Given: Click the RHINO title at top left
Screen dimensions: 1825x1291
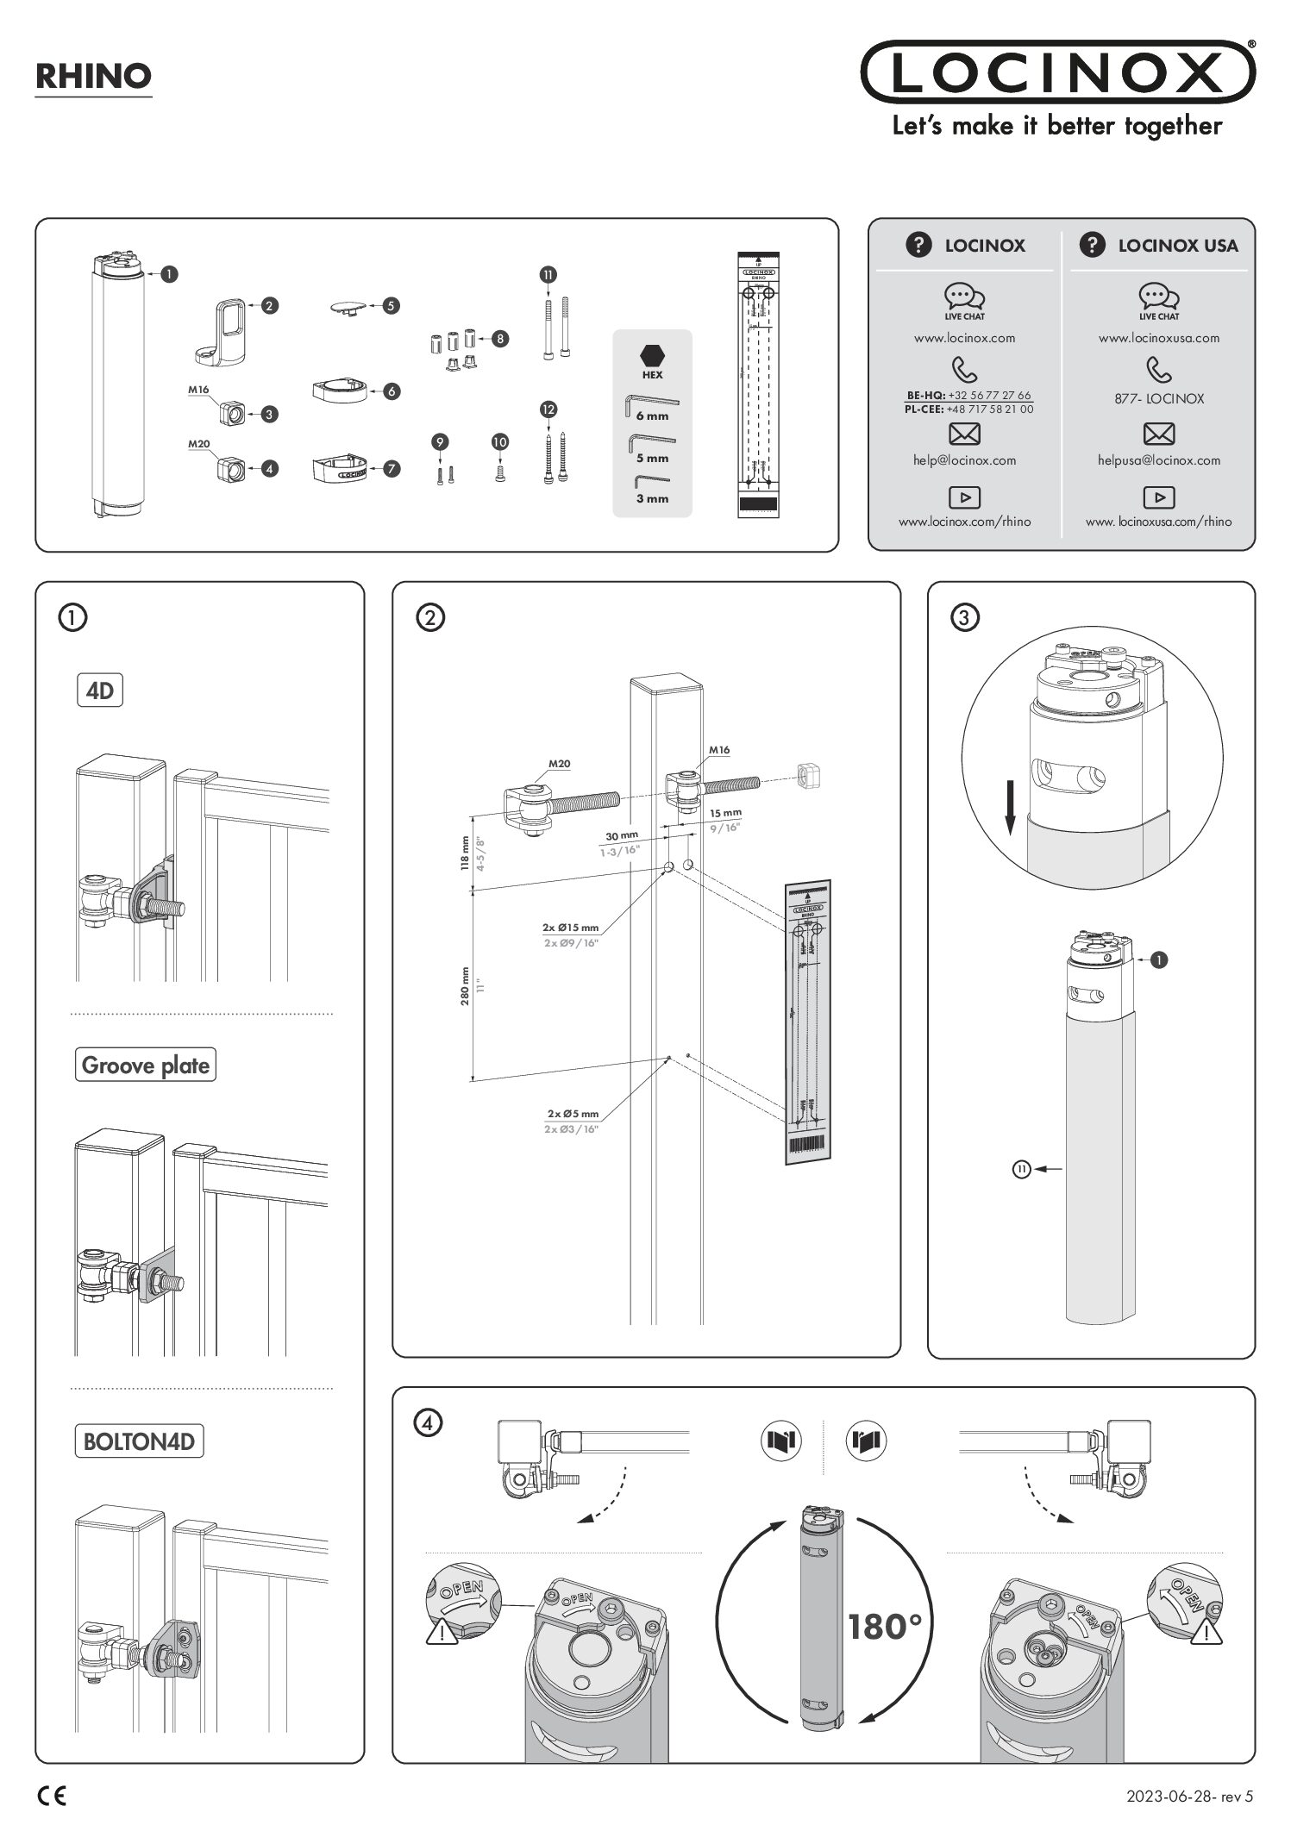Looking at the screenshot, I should point(93,77).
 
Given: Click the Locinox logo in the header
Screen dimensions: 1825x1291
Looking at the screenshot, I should point(1057,72).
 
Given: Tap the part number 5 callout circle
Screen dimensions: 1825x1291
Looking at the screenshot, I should point(392,305).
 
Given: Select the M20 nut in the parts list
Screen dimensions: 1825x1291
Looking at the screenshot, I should point(230,469).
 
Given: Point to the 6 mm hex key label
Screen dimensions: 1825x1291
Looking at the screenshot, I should point(652,416).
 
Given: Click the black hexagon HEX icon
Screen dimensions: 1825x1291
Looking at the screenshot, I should point(652,355).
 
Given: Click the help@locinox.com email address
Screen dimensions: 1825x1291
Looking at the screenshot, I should point(964,460).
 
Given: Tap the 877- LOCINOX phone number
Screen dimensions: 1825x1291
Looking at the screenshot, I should point(1158,399).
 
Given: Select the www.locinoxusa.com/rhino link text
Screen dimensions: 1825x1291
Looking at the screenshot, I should point(1158,522).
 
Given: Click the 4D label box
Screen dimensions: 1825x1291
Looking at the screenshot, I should point(100,691).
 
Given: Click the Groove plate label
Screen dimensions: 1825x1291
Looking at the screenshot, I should point(145,1066).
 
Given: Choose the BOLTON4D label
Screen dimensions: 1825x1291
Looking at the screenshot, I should point(138,1441).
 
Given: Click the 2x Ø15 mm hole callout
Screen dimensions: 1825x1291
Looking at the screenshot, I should point(570,928).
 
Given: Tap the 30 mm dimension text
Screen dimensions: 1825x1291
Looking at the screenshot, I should point(621,836).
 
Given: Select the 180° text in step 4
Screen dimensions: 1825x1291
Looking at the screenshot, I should point(885,1628).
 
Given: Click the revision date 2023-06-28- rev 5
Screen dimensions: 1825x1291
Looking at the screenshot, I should point(1188,1797).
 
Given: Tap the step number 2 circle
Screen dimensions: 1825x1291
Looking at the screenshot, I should point(430,617).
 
